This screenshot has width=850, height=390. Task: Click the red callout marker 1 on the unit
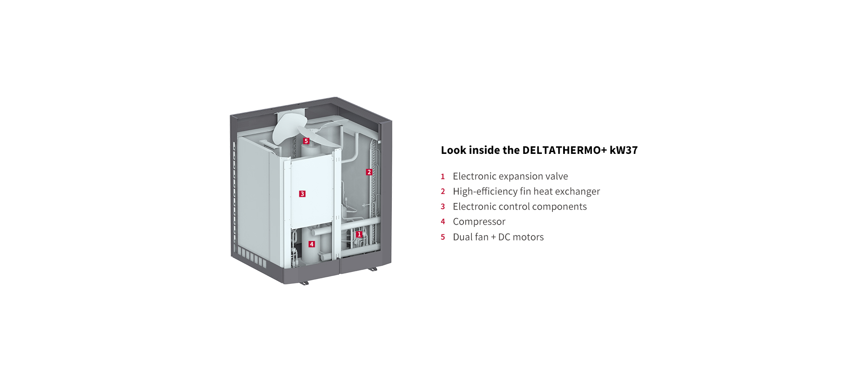pyautogui.click(x=359, y=234)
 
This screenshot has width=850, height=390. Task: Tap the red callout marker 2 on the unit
pyautogui.click(x=369, y=172)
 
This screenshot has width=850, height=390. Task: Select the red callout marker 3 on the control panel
pyautogui.click(x=302, y=194)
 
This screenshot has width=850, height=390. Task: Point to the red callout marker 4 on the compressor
pyautogui.click(x=312, y=244)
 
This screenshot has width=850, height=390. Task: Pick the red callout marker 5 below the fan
pyautogui.click(x=306, y=141)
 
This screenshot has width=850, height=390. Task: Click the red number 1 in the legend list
pyautogui.click(x=443, y=176)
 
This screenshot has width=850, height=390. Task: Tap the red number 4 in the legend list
pyautogui.click(x=443, y=222)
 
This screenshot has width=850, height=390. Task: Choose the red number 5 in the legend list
pyautogui.click(x=443, y=237)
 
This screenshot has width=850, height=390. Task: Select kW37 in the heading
pyautogui.click(x=624, y=150)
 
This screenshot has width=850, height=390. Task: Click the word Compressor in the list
pyautogui.click(x=479, y=222)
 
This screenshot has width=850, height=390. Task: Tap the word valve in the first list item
pyautogui.click(x=556, y=176)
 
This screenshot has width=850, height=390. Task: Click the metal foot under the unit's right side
pyautogui.click(x=372, y=268)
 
